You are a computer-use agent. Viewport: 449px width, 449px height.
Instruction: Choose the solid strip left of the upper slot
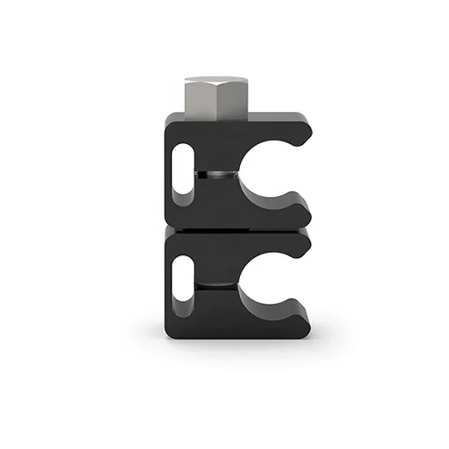[x=170, y=174]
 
